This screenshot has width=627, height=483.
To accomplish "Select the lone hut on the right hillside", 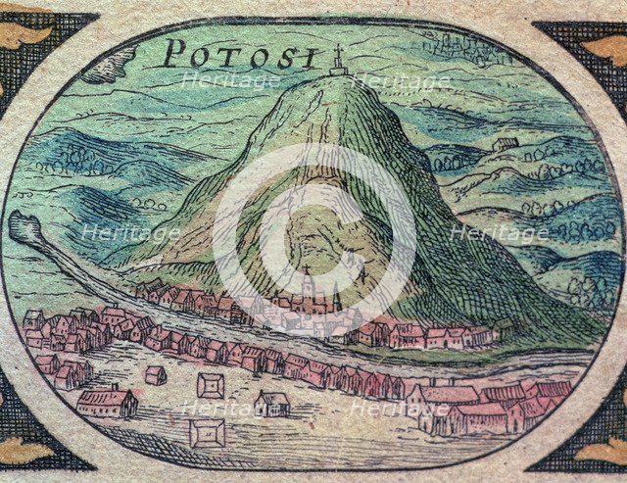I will click(x=505, y=143).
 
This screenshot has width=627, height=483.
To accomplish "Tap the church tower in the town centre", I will click(x=307, y=287).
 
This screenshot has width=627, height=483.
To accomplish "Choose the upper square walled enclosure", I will click(x=211, y=384).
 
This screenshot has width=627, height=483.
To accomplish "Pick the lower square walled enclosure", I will click(x=207, y=431).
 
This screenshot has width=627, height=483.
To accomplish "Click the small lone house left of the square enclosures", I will click(x=154, y=374).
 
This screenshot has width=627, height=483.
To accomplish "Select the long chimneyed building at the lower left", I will click(x=107, y=401).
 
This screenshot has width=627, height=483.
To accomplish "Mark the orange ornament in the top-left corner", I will click(x=22, y=34).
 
